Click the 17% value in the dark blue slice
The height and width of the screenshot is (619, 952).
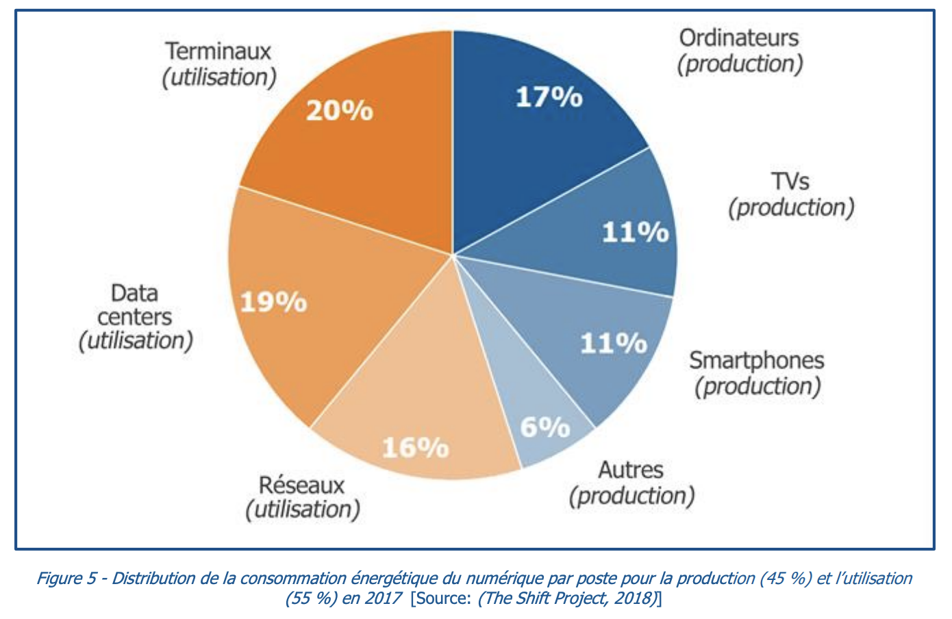pyautogui.click(x=549, y=97)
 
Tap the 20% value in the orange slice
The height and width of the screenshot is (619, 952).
pyautogui.click(x=339, y=110)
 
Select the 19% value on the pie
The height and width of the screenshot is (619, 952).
pyautogui.click(x=273, y=301)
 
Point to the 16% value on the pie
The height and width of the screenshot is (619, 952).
pyautogui.click(x=415, y=448)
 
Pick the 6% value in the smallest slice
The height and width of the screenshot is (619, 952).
pyautogui.click(x=544, y=427)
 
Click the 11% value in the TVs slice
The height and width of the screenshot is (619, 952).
pyautogui.click(x=635, y=233)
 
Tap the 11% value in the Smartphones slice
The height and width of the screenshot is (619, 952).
pyautogui.click(x=613, y=343)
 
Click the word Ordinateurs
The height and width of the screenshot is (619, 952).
pyautogui.click(x=738, y=38)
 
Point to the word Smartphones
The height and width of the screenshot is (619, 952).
pyautogui.click(x=756, y=360)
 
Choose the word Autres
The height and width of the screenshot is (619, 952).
pyautogui.click(x=630, y=470)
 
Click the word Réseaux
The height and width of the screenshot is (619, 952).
pyautogui.click(x=301, y=485)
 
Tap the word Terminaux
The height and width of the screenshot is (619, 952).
pyautogui.click(x=218, y=51)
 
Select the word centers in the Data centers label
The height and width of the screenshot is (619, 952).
pyautogui.click(x=135, y=317)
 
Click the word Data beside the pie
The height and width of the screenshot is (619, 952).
pyautogui.click(x=135, y=293)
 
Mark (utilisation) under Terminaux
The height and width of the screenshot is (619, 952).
pyautogui.click(x=219, y=77)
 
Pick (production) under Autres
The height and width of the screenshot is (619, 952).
pyautogui.click(x=631, y=496)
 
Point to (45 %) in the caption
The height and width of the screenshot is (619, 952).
pyautogui.click(x=785, y=579)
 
